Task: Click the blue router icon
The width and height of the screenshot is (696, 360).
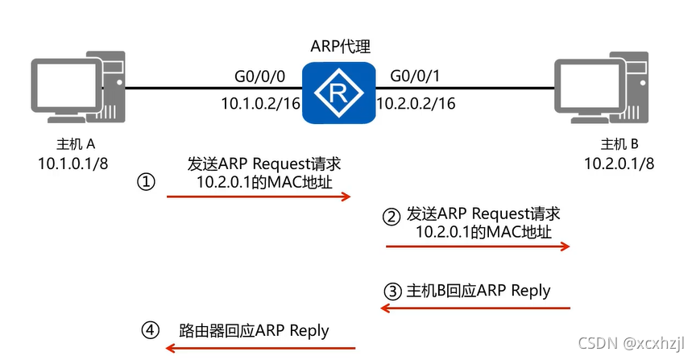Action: tap(339, 93)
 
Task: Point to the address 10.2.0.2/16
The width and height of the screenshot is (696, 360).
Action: tap(416, 103)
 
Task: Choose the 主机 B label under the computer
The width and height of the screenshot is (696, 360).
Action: tap(620, 145)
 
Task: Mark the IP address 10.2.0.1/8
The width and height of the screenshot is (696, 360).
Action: tap(619, 164)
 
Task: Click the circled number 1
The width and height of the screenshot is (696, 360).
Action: tap(144, 182)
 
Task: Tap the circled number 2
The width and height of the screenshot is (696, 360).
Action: tap(391, 215)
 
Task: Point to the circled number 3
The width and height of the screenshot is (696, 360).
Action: tap(391, 291)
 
